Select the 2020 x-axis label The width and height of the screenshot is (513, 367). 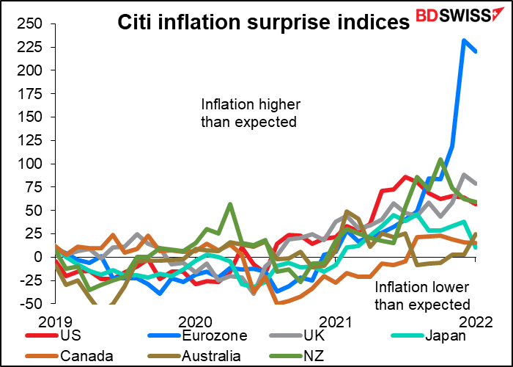(194, 321)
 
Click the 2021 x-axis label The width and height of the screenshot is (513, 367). (335, 321)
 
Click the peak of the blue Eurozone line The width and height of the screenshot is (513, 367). (464, 40)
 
